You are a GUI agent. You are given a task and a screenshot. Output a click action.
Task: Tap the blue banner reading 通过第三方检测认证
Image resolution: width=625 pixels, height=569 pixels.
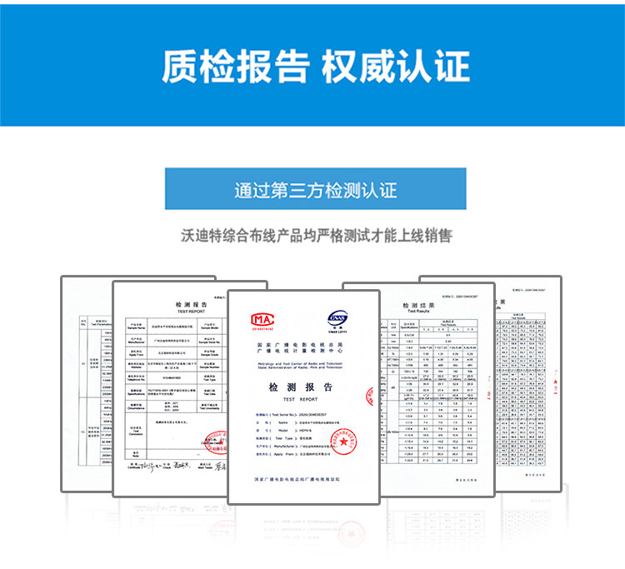click(315, 188)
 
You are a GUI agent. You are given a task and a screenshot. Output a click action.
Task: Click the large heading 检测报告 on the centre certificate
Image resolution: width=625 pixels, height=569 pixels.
click(300, 387)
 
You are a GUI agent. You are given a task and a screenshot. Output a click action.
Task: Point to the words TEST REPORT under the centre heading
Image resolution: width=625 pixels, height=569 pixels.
click(300, 400)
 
